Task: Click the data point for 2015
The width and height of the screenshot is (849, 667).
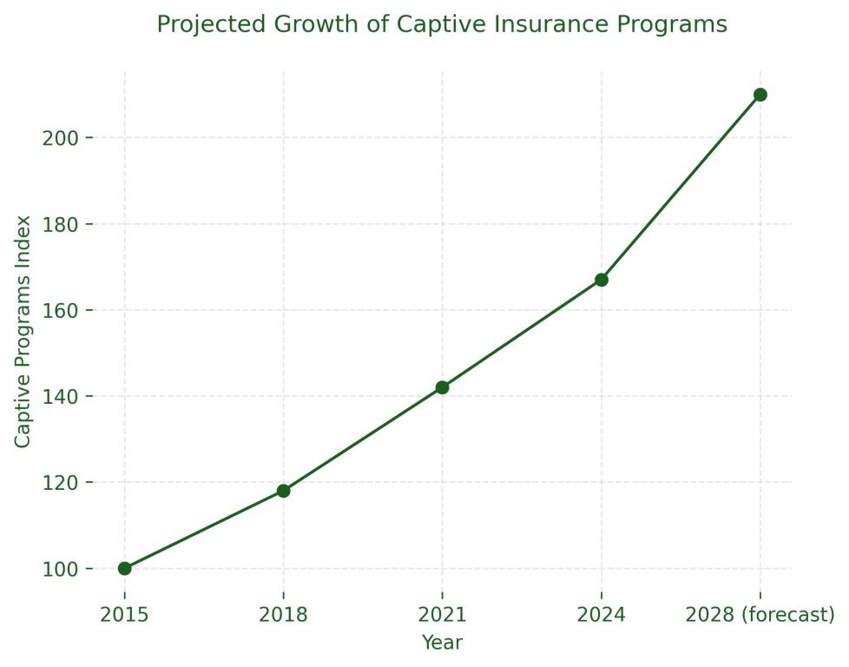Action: [125, 568]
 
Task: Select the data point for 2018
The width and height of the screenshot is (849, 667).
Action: [283, 491]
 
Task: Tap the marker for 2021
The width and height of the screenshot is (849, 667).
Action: [442, 387]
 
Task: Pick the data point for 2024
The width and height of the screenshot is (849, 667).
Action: [602, 280]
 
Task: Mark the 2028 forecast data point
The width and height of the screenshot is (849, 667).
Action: [760, 95]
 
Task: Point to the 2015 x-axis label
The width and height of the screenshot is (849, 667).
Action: [125, 616]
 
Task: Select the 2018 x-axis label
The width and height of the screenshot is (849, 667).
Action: [283, 616]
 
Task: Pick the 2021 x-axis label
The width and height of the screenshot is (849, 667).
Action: [442, 616]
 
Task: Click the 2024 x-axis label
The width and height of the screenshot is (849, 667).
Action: [602, 616]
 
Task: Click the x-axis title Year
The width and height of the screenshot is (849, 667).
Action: [442, 643]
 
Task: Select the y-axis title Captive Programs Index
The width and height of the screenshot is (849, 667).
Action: [23, 332]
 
